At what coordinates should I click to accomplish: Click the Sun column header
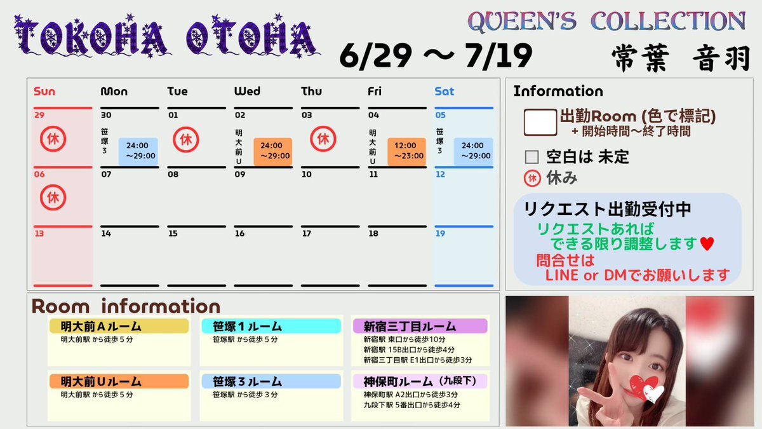click(44, 92)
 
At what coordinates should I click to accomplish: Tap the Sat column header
click(444, 92)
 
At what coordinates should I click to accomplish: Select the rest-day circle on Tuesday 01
click(185, 139)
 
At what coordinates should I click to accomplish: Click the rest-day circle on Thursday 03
click(323, 139)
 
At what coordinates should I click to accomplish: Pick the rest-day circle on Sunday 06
click(53, 198)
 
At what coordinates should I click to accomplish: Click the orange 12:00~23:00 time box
click(407, 151)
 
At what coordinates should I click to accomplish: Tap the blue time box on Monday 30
click(138, 151)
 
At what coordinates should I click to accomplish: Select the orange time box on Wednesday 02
click(273, 151)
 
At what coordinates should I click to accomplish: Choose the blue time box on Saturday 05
click(474, 151)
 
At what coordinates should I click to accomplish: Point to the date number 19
click(440, 234)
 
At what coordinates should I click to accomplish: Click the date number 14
click(106, 234)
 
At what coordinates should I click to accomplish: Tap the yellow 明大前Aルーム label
click(119, 326)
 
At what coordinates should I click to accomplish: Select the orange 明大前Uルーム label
click(119, 381)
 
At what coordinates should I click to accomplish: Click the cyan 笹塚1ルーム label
click(271, 326)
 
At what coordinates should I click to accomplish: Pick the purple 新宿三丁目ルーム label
click(420, 326)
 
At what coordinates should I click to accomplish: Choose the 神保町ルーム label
click(420, 381)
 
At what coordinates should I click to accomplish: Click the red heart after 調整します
click(707, 244)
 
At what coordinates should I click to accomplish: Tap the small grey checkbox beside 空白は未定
click(531, 158)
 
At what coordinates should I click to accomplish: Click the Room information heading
click(126, 306)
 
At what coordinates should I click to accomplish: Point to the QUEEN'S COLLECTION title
click(606, 22)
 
